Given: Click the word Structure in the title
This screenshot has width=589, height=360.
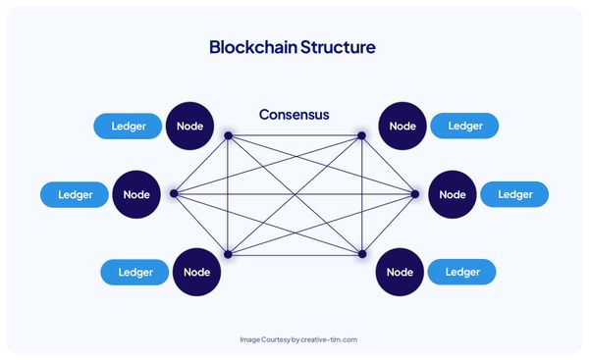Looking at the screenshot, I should pos(336,47).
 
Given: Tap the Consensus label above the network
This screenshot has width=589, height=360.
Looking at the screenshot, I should pos(294,115).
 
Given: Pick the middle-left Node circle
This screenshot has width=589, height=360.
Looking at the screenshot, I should pos(137,194).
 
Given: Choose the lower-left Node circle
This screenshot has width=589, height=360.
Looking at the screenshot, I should pos(198,272).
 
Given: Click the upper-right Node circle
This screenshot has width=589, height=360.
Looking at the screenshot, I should pos(402,126).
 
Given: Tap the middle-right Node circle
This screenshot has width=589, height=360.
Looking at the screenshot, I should pos(453,194).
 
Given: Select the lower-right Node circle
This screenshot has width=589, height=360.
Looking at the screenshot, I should pos(401,272).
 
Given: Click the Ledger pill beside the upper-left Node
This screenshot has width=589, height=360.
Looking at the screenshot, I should pos(128,126).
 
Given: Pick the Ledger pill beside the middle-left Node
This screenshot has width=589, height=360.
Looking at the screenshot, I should pos(75,194).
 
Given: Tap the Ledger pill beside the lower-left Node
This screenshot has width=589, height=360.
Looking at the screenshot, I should pos(135,272).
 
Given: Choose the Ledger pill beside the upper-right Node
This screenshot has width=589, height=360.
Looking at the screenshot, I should pos(464,126).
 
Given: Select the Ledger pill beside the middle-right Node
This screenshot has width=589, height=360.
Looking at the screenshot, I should pos(514,194).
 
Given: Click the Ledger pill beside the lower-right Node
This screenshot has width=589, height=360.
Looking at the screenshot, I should pos(462,272).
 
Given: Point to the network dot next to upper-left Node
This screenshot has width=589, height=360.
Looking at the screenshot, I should pos(228,135).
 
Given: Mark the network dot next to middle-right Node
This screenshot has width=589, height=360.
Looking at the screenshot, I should pos(415,193).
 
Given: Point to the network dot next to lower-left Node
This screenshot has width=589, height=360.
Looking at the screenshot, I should pos(228,253).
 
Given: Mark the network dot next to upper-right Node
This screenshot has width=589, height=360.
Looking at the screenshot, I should pos(361,135).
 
